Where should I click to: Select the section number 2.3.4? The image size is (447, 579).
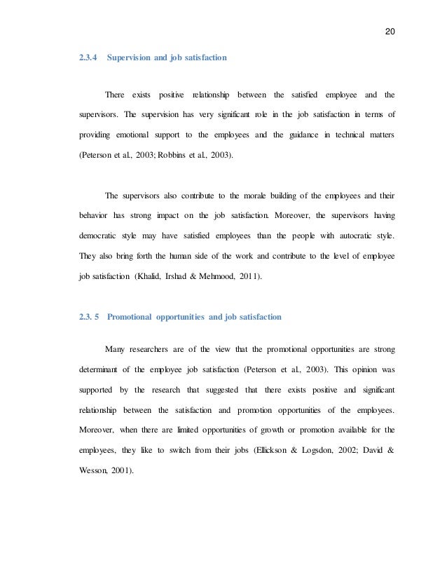(87, 60)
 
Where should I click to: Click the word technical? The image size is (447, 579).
(338, 133)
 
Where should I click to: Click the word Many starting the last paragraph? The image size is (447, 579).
(116, 349)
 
